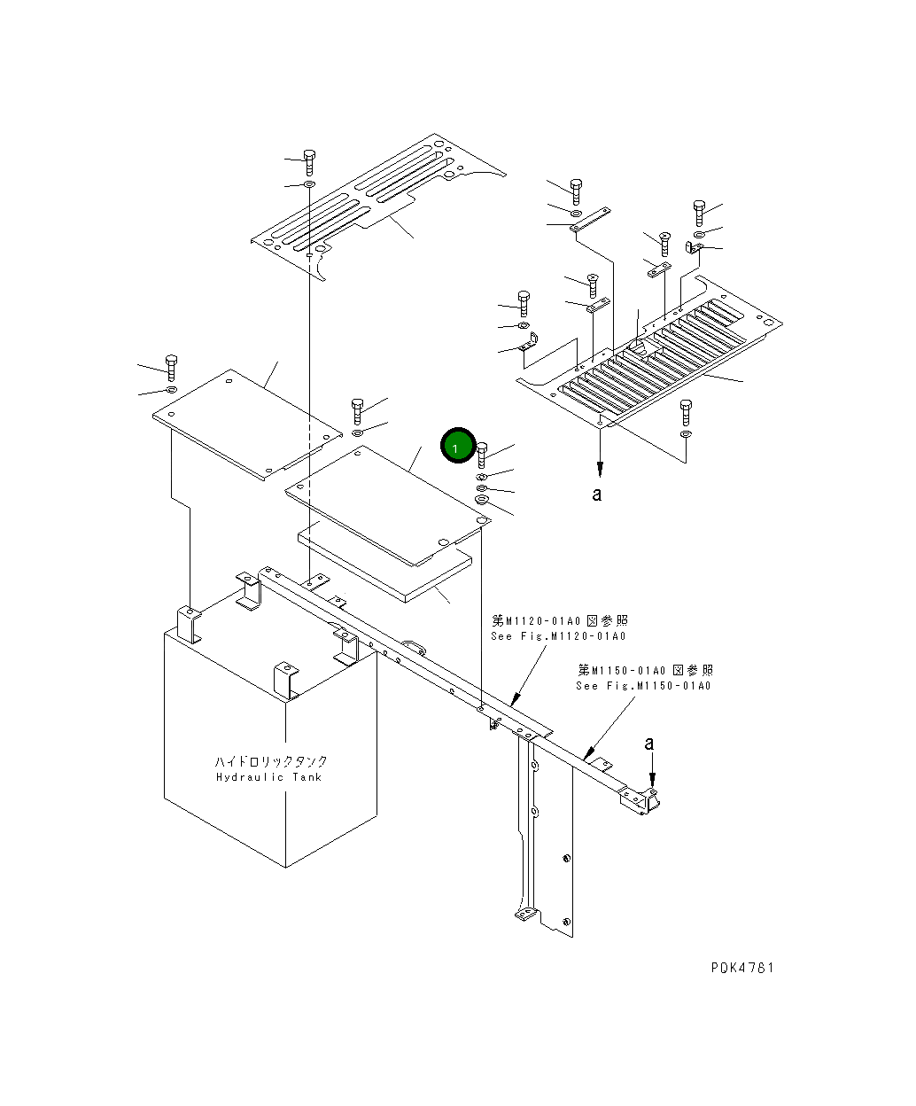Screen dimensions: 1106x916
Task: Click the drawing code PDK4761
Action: [741, 968]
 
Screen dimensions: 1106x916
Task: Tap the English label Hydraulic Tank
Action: [269, 778]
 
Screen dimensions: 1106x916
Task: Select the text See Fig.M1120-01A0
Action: [558, 636]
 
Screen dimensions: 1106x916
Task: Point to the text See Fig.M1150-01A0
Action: [644, 685]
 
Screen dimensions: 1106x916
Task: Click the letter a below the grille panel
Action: [597, 495]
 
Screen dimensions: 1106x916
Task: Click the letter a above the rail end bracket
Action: [649, 743]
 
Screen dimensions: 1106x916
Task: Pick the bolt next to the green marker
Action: [482, 453]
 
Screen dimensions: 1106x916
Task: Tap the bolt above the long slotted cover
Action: [309, 162]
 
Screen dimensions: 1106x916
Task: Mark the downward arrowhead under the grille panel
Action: [600, 469]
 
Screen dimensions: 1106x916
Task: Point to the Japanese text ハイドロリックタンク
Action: [271, 761]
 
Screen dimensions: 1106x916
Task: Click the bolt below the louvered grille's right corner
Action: [685, 411]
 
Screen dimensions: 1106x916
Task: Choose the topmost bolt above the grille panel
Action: [576, 190]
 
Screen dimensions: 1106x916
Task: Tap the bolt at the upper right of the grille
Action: [699, 212]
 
